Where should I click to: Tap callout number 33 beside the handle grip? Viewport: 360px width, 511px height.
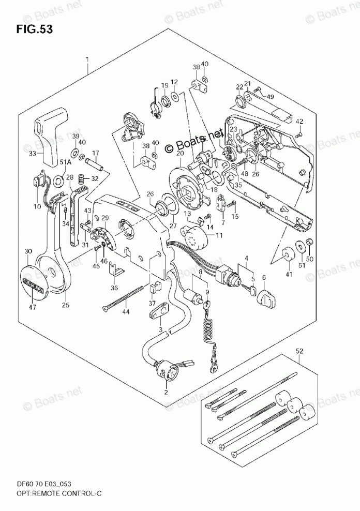33,153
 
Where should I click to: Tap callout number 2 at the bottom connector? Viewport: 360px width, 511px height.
166,393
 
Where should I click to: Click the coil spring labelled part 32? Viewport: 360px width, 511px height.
81,179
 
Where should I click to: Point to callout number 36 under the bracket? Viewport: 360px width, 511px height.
114,288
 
